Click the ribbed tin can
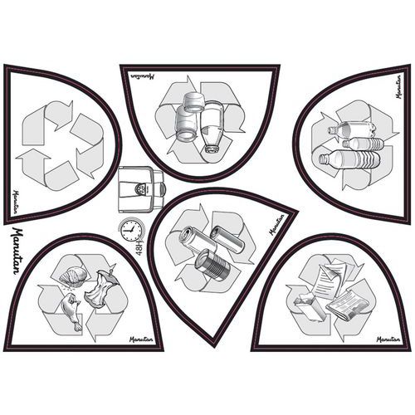coord(212,263)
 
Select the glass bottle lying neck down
coord(212,126)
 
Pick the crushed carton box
coord(310,307)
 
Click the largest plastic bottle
coord(349,160)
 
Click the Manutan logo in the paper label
coord(388,339)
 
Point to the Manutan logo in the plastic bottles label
coord(398,86)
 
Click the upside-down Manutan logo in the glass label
coord(142,76)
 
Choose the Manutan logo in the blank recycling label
coord(15,202)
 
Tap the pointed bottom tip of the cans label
coord(213,339)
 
